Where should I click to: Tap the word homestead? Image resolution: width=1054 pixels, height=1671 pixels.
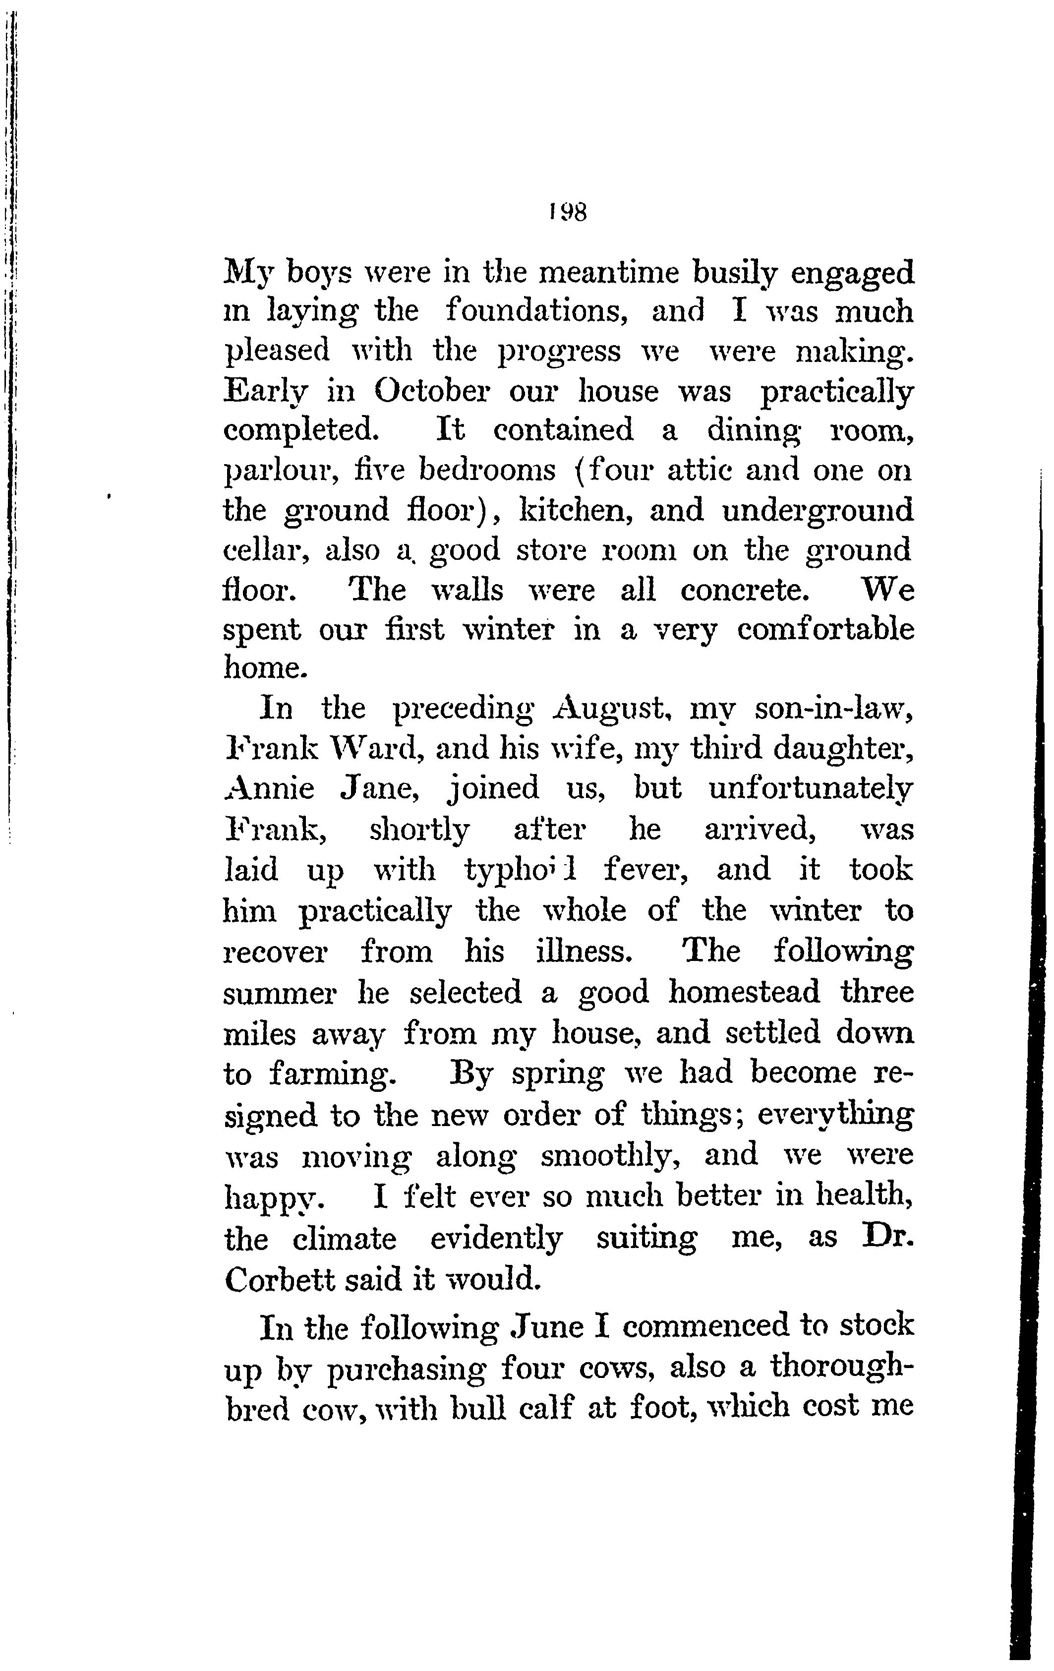click(744, 992)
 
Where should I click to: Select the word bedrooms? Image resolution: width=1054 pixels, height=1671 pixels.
click(488, 471)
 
